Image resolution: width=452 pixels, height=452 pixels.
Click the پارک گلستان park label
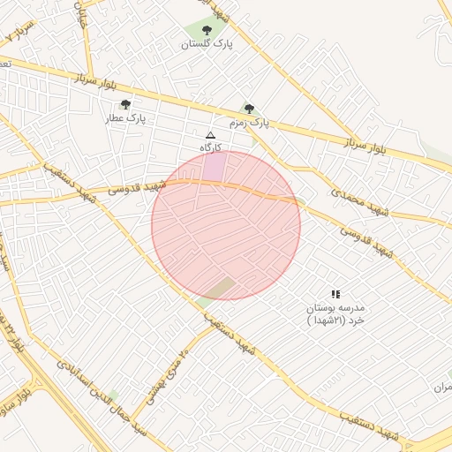[x=207, y=43]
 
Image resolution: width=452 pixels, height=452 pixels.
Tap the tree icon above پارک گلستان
[x=207, y=30]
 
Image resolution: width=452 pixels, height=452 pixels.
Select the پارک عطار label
[x=125, y=117]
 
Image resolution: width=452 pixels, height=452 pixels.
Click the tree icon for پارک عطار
[x=125, y=104]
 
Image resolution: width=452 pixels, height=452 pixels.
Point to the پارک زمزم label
[x=249, y=123]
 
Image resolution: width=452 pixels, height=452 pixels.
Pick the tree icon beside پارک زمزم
[x=249, y=109]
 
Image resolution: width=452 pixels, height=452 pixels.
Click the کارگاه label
[x=210, y=147]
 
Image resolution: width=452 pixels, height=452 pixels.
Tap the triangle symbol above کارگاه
[x=210, y=135]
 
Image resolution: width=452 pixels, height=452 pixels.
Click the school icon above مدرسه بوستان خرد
[x=335, y=293]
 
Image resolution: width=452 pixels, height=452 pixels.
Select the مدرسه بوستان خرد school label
[x=335, y=314]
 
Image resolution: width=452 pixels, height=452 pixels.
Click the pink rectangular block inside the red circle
[x=215, y=167]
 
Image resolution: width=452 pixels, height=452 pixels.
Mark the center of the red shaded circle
[x=226, y=225]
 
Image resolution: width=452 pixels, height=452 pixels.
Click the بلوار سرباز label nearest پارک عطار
[x=96, y=84]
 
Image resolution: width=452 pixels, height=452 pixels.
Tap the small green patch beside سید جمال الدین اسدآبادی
[x=112, y=394]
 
